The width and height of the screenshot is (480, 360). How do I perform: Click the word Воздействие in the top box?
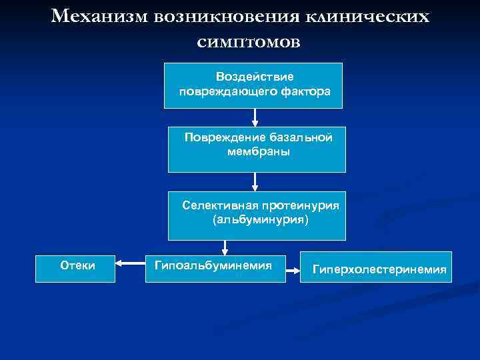pyautogui.click(x=254, y=77)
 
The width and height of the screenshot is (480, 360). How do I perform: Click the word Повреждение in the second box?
pyautogui.click(x=226, y=138)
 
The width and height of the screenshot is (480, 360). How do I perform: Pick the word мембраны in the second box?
pyautogui.click(x=258, y=151)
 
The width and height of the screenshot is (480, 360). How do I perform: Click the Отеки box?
pyautogui.click(x=75, y=267)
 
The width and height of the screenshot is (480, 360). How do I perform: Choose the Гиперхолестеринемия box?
pyautogui.click(x=376, y=267)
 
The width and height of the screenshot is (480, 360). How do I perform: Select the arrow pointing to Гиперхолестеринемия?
pyautogui.click(x=293, y=269)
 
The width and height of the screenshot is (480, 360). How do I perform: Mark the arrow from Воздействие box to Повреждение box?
pyautogui.click(x=255, y=117)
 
